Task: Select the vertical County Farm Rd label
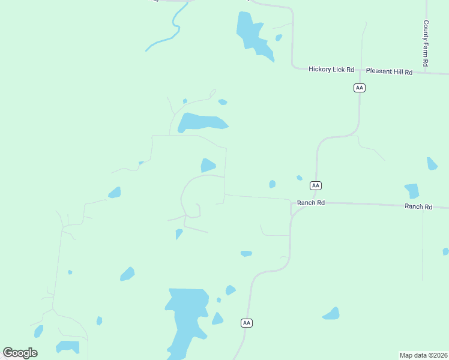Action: point(426,43)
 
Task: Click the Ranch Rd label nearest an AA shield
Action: point(311,203)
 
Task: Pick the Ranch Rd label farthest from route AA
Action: point(418,206)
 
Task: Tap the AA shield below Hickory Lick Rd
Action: point(359,88)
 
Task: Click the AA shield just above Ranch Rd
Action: point(316,185)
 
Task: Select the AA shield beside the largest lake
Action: point(247,323)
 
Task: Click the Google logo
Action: point(20,353)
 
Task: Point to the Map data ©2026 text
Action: point(424,355)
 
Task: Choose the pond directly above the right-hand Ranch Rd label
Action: point(412,191)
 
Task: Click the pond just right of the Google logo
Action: point(67,347)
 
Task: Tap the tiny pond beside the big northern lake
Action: point(279,38)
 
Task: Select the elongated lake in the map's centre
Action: point(201,122)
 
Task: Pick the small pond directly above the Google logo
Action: point(38,331)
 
